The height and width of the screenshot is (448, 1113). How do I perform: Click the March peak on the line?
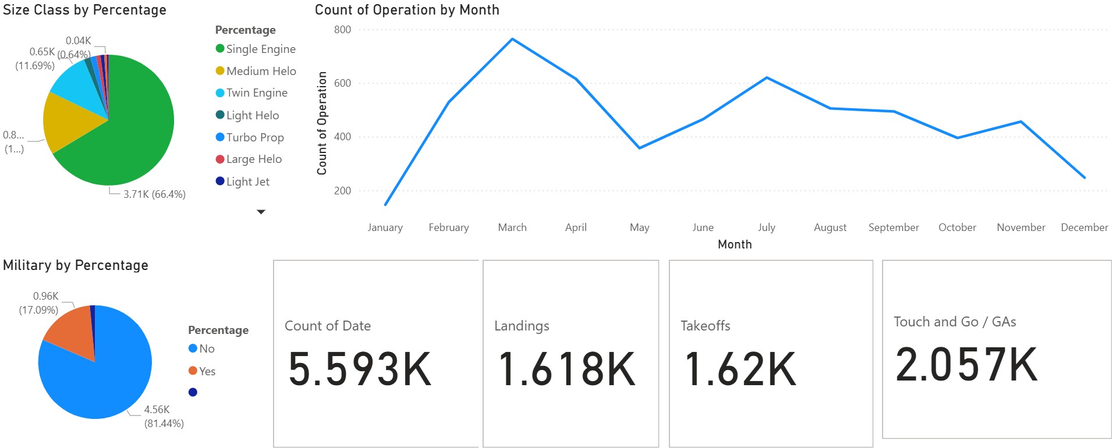click(x=512, y=39)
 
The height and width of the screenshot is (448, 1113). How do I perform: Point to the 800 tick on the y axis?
click(x=342, y=30)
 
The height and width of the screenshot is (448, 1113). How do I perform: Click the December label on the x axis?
click(x=1084, y=227)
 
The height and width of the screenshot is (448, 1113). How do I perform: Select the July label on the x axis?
click(x=766, y=227)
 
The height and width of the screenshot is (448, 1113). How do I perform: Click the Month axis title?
click(x=735, y=244)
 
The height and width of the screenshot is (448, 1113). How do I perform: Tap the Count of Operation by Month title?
click(x=407, y=10)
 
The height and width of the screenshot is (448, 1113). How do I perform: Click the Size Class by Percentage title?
click(x=84, y=10)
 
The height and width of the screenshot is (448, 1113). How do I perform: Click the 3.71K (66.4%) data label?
click(x=154, y=194)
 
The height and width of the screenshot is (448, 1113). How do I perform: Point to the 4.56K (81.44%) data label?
click(x=164, y=417)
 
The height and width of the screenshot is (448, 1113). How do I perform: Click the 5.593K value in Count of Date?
click(x=360, y=369)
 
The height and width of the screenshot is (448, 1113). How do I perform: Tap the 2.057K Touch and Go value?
click(x=966, y=365)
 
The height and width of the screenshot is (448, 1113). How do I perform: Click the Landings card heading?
click(x=522, y=326)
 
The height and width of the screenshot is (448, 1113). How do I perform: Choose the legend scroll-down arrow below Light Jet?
click(x=261, y=212)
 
